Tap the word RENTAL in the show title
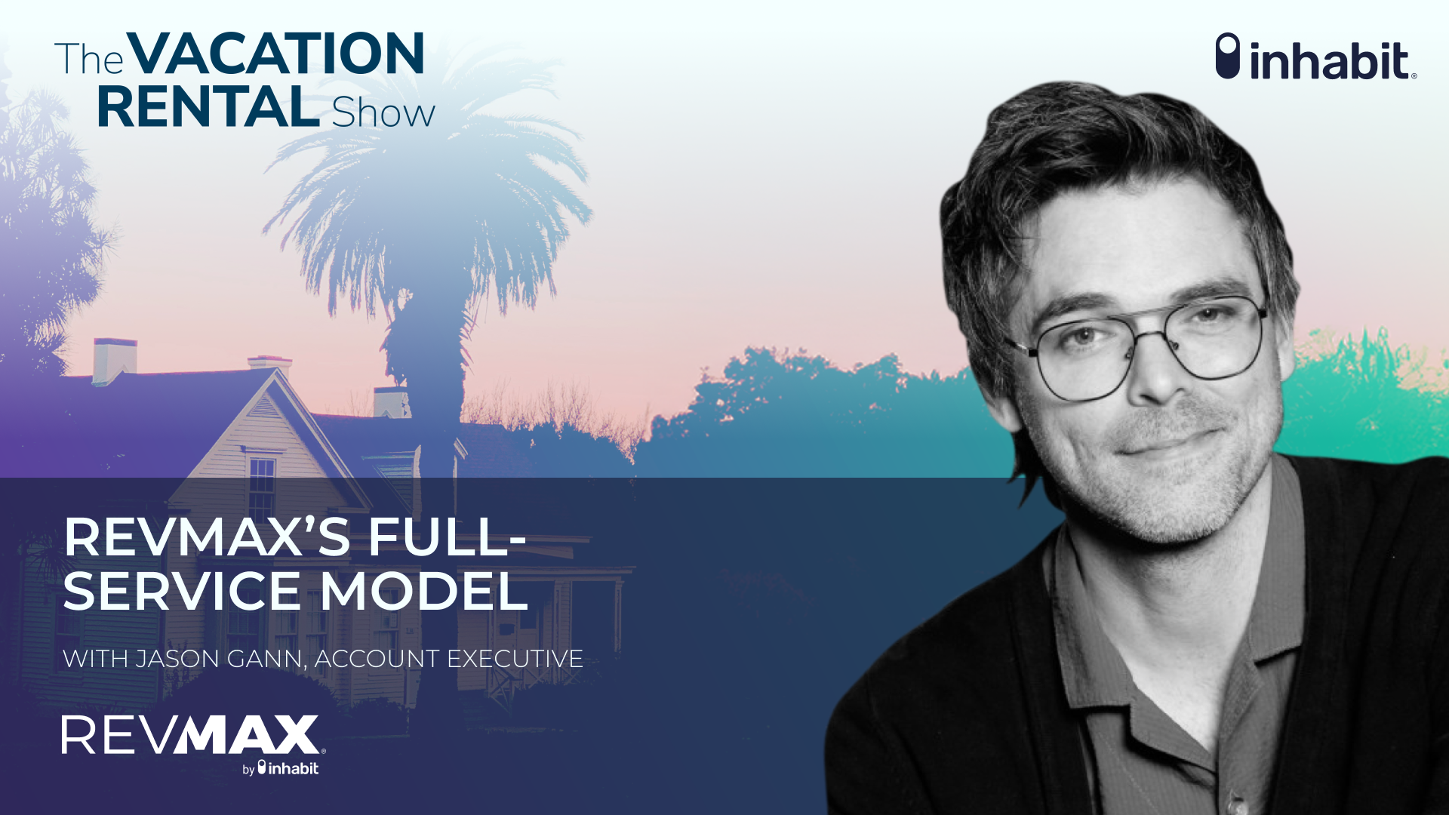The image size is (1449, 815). pyautogui.click(x=208, y=108)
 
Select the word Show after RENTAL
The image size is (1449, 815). pyautogui.click(x=383, y=114)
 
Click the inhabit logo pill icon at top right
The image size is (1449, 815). pyautogui.click(x=1227, y=56)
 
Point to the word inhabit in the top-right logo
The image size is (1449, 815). pyautogui.click(x=1330, y=60)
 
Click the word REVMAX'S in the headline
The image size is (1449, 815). pyautogui.click(x=207, y=537)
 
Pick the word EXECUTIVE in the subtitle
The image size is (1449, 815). pyautogui.click(x=515, y=659)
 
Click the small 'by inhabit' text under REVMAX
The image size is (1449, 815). pyautogui.click(x=281, y=769)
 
